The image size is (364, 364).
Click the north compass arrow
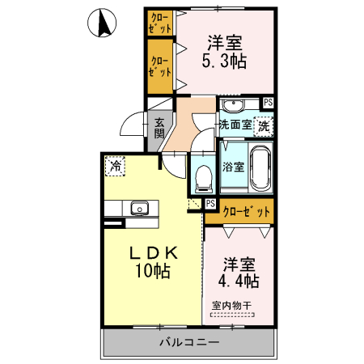tap(104, 23)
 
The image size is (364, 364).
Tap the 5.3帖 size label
tap(224, 61)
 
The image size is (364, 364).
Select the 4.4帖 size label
tap(240, 281)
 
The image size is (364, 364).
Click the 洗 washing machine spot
tap(264, 125)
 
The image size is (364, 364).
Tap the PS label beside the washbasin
tap(268, 102)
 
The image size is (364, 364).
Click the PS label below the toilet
tap(210, 204)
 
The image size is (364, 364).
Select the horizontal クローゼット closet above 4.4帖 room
tap(239, 213)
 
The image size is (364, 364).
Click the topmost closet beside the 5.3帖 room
tap(160, 22)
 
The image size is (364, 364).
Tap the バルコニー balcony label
tap(187, 343)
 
